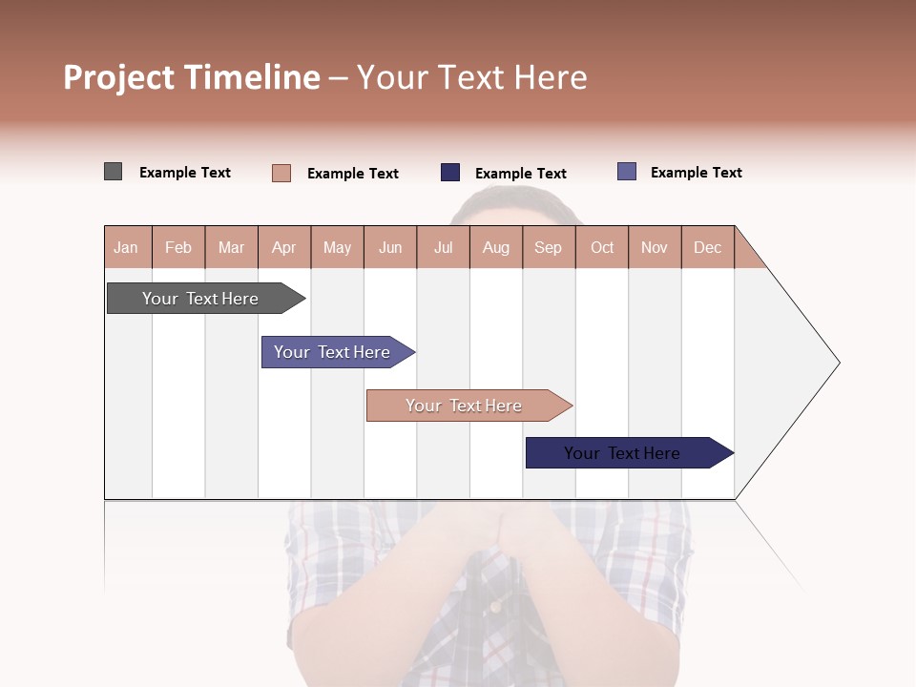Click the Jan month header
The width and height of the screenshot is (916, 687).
coord(126,247)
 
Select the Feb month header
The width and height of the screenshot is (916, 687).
coord(178,247)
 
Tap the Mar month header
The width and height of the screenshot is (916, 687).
coord(231,247)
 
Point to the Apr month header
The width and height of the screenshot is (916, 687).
coord(284,247)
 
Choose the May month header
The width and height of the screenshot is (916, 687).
coord(337,247)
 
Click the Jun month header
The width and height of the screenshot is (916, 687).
coord(390,247)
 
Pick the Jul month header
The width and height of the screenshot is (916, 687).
coord(443,247)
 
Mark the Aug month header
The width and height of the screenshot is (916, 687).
coord(496,247)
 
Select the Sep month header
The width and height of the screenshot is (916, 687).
coord(549,247)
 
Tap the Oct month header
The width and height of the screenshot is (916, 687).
coord(602,247)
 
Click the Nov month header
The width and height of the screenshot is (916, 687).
coord(655,247)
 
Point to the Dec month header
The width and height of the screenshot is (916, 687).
coord(707,247)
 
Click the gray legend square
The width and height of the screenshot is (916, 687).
coord(114,172)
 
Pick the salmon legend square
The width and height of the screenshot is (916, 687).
coord(281,173)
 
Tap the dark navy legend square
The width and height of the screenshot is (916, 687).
coord(450,173)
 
